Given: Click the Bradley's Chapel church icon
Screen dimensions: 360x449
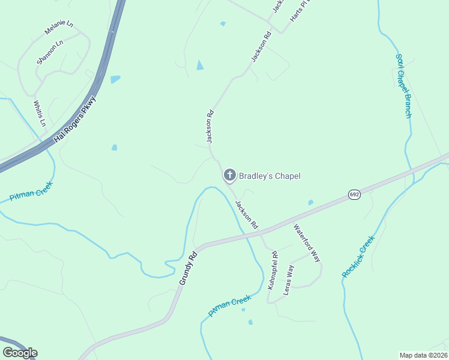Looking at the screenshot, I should click(x=229, y=175).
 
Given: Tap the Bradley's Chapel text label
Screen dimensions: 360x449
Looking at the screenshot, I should click(x=270, y=176).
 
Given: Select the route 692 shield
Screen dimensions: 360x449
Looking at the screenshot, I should click(x=354, y=196).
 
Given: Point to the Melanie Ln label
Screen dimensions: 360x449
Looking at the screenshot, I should click(x=58, y=28).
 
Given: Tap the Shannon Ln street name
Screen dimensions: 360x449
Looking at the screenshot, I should click(x=50, y=52).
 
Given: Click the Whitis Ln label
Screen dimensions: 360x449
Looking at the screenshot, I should click(x=40, y=113).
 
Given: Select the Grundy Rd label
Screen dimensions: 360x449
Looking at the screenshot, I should click(x=188, y=268).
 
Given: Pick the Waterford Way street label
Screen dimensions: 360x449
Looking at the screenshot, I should click(x=307, y=242).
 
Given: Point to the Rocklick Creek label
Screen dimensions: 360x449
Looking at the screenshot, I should click(x=358, y=256).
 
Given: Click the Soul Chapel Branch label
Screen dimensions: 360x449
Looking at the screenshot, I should click(x=403, y=86).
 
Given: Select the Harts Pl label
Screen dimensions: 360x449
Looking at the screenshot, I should click(x=297, y=11).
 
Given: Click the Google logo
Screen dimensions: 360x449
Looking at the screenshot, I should click(x=20, y=353).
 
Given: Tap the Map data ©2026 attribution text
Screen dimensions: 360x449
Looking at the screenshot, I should click(x=423, y=355).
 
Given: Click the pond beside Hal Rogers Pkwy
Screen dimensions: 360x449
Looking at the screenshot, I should click(x=115, y=79).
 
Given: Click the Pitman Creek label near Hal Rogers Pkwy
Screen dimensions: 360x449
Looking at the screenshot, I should click(x=31, y=193).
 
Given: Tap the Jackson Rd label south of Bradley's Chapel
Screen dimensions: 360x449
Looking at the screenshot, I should click(x=247, y=214).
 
